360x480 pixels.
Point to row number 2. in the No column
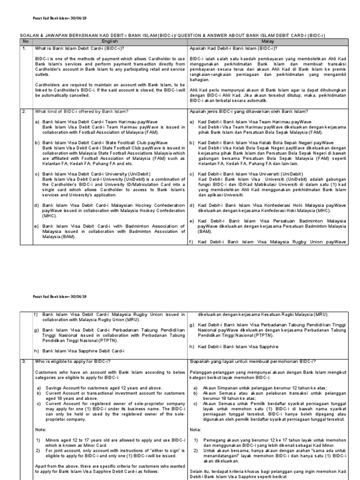pos(24,111)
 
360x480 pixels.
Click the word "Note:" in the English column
pos(41,429)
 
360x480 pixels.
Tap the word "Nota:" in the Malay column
pos(195,429)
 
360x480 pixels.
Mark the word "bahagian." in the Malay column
pos(199,79)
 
